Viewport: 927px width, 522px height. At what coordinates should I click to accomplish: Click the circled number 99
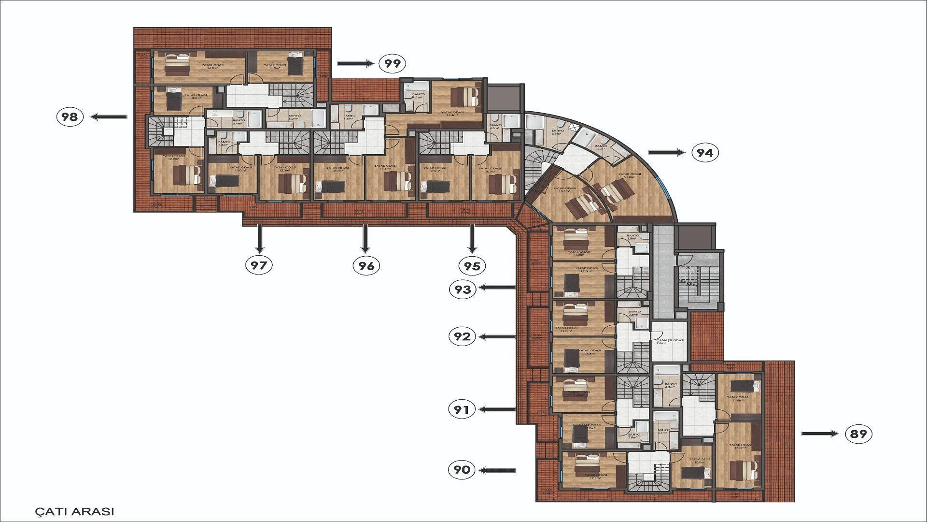(x=393, y=63)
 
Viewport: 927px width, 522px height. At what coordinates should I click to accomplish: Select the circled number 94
(x=705, y=153)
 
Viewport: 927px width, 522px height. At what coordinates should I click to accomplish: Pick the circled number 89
(x=859, y=434)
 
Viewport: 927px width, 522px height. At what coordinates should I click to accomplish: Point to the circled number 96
(x=366, y=265)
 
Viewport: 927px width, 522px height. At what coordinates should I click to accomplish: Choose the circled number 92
(x=462, y=336)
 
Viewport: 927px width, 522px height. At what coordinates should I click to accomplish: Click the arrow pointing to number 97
(x=260, y=239)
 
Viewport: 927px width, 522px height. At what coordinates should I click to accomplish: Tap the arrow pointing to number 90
(x=497, y=470)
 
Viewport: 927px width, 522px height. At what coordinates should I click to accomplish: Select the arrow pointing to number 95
(x=472, y=239)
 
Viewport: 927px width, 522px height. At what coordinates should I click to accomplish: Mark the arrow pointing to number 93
(x=497, y=288)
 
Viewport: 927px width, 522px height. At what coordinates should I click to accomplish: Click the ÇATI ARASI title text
(x=75, y=511)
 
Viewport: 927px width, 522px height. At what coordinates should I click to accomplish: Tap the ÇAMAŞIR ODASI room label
(x=670, y=341)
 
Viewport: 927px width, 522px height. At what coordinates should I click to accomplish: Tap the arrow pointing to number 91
(x=497, y=409)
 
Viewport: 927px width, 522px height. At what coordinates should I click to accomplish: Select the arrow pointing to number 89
(x=820, y=434)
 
